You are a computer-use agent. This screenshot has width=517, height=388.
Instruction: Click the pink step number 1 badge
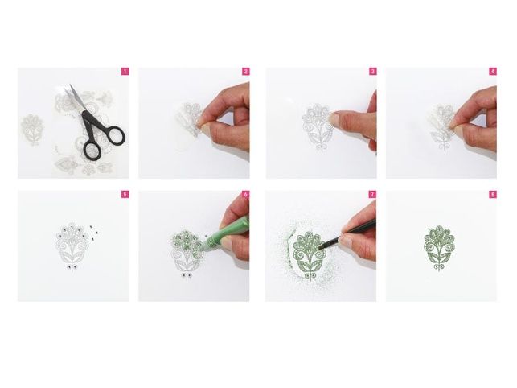click(125, 72)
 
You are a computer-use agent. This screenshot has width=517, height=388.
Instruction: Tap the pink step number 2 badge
click(246, 72)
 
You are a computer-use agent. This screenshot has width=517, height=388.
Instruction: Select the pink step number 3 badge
click(372, 72)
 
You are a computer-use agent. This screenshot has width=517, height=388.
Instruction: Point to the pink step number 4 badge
click(493, 72)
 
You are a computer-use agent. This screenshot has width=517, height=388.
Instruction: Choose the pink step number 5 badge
click(125, 195)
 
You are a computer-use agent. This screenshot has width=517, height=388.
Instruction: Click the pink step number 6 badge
click(246, 195)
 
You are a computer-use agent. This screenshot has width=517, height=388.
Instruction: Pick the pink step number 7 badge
click(372, 195)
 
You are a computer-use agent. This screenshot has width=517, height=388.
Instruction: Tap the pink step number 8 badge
click(493, 195)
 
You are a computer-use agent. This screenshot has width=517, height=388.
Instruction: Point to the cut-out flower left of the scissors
click(32, 130)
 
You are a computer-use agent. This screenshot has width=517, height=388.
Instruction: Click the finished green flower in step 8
click(439, 248)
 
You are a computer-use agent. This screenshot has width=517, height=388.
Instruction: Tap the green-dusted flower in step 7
click(309, 255)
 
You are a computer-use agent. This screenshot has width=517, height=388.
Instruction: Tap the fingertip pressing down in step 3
click(335, 118)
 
